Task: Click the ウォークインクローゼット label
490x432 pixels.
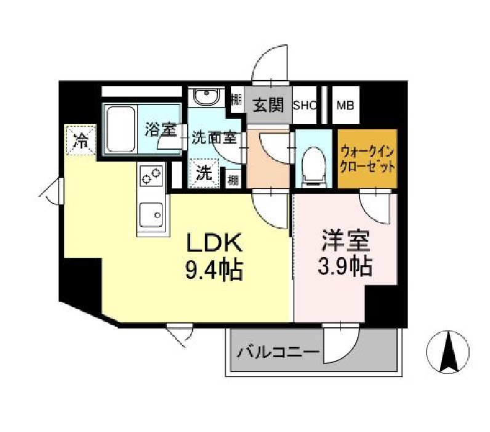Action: point(367,159)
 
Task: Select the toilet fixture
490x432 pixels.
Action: point(313,161)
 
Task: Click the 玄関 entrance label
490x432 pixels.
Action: point(268,105)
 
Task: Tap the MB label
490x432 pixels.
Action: point(346,105)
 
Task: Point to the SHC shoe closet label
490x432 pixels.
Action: point(305,105)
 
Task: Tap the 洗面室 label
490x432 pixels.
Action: point(214,137)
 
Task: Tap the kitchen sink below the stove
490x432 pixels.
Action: point(151,214)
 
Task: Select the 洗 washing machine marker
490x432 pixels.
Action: point(203,173)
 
